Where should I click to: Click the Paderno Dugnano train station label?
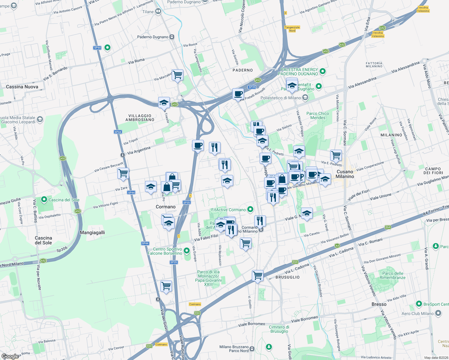coord(153,37)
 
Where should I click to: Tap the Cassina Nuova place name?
coord(22,87)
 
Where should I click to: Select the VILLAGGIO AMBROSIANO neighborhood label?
coord(140,118)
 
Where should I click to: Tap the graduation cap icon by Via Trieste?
coord(164,103)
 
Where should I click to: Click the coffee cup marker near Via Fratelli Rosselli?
coord(238,94)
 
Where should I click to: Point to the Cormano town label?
coord(166,207)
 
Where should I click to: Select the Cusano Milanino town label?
coord(345,174)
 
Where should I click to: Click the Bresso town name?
coord(379,304)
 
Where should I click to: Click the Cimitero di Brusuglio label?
coord(279,329)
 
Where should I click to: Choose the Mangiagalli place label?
coord(92,232)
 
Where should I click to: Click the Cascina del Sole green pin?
coord(44,199)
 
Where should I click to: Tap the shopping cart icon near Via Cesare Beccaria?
coord(123,173)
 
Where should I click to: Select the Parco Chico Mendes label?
coord(318,115)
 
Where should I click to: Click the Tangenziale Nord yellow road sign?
coord(292,29)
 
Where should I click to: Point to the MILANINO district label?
coord(391,135)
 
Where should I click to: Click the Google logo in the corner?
coord(10,356)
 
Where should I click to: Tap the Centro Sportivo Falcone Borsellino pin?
coord(187,250)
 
